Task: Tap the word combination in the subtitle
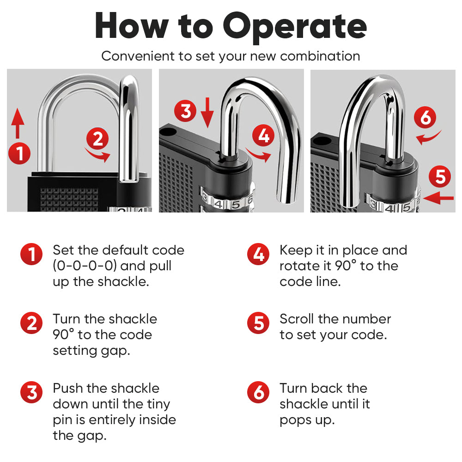(x=320, y=56)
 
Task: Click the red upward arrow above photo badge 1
(x=18, y=123)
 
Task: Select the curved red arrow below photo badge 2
(x=98, y=155)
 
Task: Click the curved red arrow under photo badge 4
(x=258, y=155)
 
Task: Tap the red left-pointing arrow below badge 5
(x=438, y=198)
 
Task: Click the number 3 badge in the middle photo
(x=186, y=111)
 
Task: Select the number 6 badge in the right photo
(x=426, y=117)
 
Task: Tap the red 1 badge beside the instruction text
(x=31, y=254)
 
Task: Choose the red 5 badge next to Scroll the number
(x=258, y=323)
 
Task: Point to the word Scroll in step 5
(x=297, y=319)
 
